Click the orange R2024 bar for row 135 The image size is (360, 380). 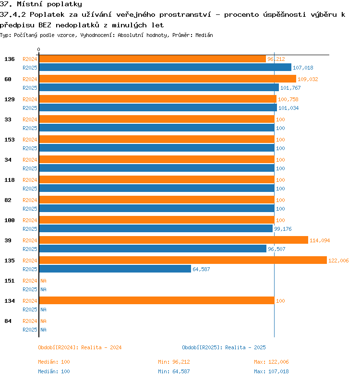click(x=183, y=260)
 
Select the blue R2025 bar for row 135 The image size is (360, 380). click(x=115, y=269)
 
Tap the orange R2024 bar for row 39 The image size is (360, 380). click(x=174, y=240)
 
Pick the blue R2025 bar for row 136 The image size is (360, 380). click(x=165, y=67)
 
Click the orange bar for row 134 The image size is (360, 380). click(x=157, y=300)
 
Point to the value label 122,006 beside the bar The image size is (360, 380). click(x=338, y=261)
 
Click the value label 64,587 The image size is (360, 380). click(x=201, y=269)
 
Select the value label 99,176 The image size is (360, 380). click(x=283, y=229)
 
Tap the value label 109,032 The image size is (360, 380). click(x=308, y=79)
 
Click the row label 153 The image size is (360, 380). click(x=10, y=140)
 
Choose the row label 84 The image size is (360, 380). click(x=8, y=321)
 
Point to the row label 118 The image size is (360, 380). click(x=10, y=180)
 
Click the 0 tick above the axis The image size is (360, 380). click(x=38, y=49)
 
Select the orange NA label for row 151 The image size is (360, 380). click(x=43, y=281)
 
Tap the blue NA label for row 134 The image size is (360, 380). click(x=43, y=309)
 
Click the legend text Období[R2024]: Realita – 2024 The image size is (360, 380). click(x=80, y=347)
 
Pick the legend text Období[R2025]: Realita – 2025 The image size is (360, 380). click(x=224, y=347)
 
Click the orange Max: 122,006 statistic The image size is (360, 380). click(x=271, y=362)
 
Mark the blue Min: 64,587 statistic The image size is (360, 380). click(x=174, y=371)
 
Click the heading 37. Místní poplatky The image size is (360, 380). click(x=41, y=4)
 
